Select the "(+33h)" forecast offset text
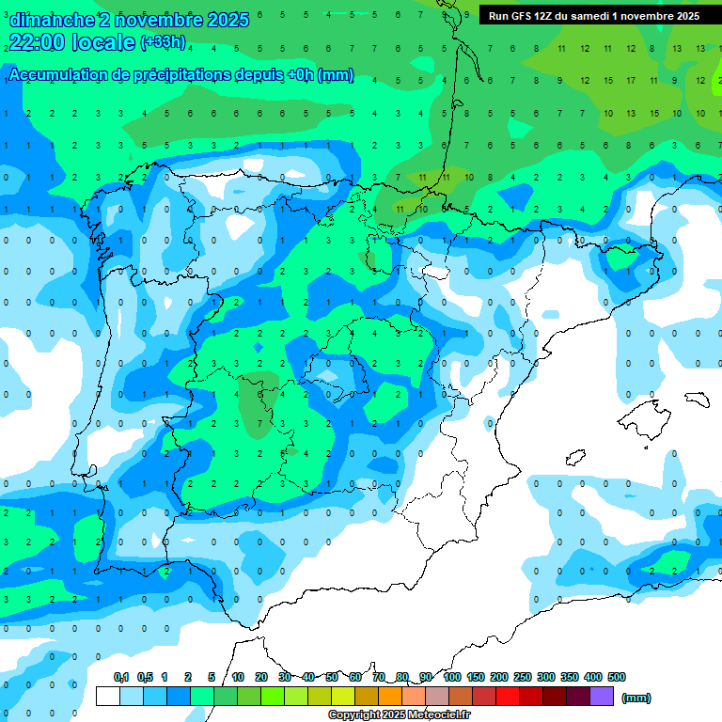pyautogui.click(x=163, y=42)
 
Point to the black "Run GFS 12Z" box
pyautogui.click(x=593, y=16)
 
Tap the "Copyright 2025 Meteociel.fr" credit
pyautogui.click(x=400, y=715)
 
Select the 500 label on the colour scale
pyautogui.click(x=617, y=677)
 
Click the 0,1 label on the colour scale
pyautogui.click(x=121, y=677)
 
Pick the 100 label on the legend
pyautogui.click(x=452, y=677)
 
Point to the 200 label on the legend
pyautogui.click(x=499, y=677)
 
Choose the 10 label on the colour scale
pyautogui.click(x=238, y=677)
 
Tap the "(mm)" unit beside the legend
pyautogui.click(x=636, y=698)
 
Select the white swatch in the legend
pyautogui.click(x=107, y=697)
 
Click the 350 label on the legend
pyautogui.click(x=570, y=677)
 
